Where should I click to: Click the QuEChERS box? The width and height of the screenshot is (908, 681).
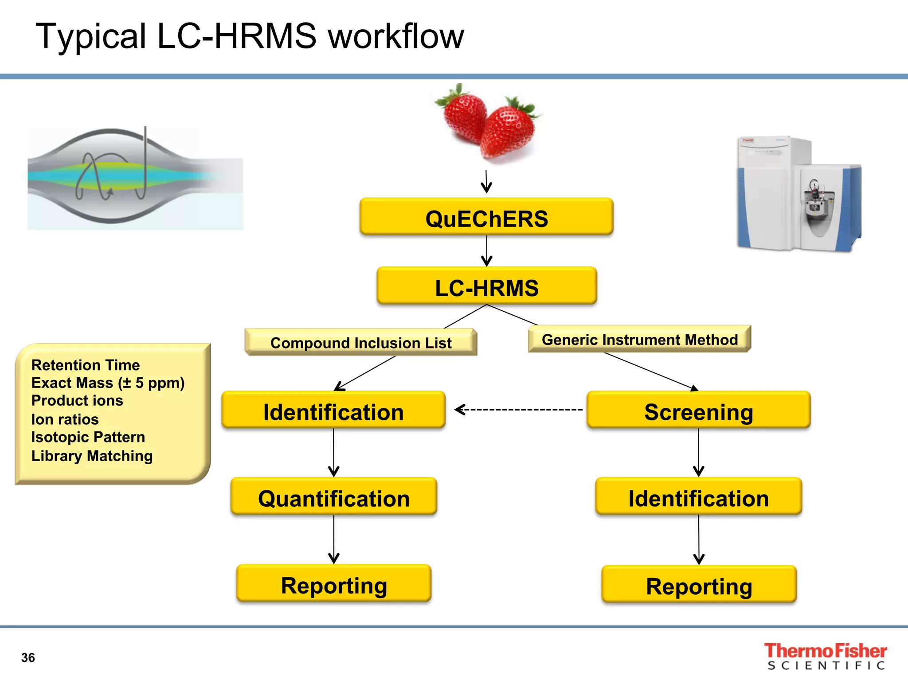click(486, 216)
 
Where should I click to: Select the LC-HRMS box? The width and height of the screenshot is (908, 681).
click(487, 286)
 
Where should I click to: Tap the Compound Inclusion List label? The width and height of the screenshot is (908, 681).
click(361, 342)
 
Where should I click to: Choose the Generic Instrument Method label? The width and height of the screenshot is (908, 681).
click(640, 339)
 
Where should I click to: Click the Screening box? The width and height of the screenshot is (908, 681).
click(699, 410)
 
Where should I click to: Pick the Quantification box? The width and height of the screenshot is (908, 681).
click(334, 496)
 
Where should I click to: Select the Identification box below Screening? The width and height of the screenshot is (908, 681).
click(699, 496)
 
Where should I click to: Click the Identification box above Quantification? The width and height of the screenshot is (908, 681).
click(333, 410)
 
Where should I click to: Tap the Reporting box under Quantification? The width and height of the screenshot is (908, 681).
click(334, 583)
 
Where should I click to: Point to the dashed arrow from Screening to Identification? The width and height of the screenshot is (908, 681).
click(519, 410)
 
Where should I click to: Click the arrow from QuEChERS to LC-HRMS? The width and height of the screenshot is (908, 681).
click(487, 251)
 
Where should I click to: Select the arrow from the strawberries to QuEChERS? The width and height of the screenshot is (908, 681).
click(486, 182)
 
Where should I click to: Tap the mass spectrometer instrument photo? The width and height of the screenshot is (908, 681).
click(799, 194)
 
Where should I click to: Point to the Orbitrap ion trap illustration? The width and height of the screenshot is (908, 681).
click(135, 177)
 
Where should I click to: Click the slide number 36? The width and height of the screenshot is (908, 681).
click(28, 658)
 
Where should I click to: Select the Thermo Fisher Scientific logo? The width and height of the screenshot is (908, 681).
click(826, 656)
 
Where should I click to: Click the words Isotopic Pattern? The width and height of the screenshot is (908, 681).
click(88, 437)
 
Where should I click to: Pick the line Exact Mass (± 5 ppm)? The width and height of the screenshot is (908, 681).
click(108, 383)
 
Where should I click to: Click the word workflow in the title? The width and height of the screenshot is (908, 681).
click(396, 36)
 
